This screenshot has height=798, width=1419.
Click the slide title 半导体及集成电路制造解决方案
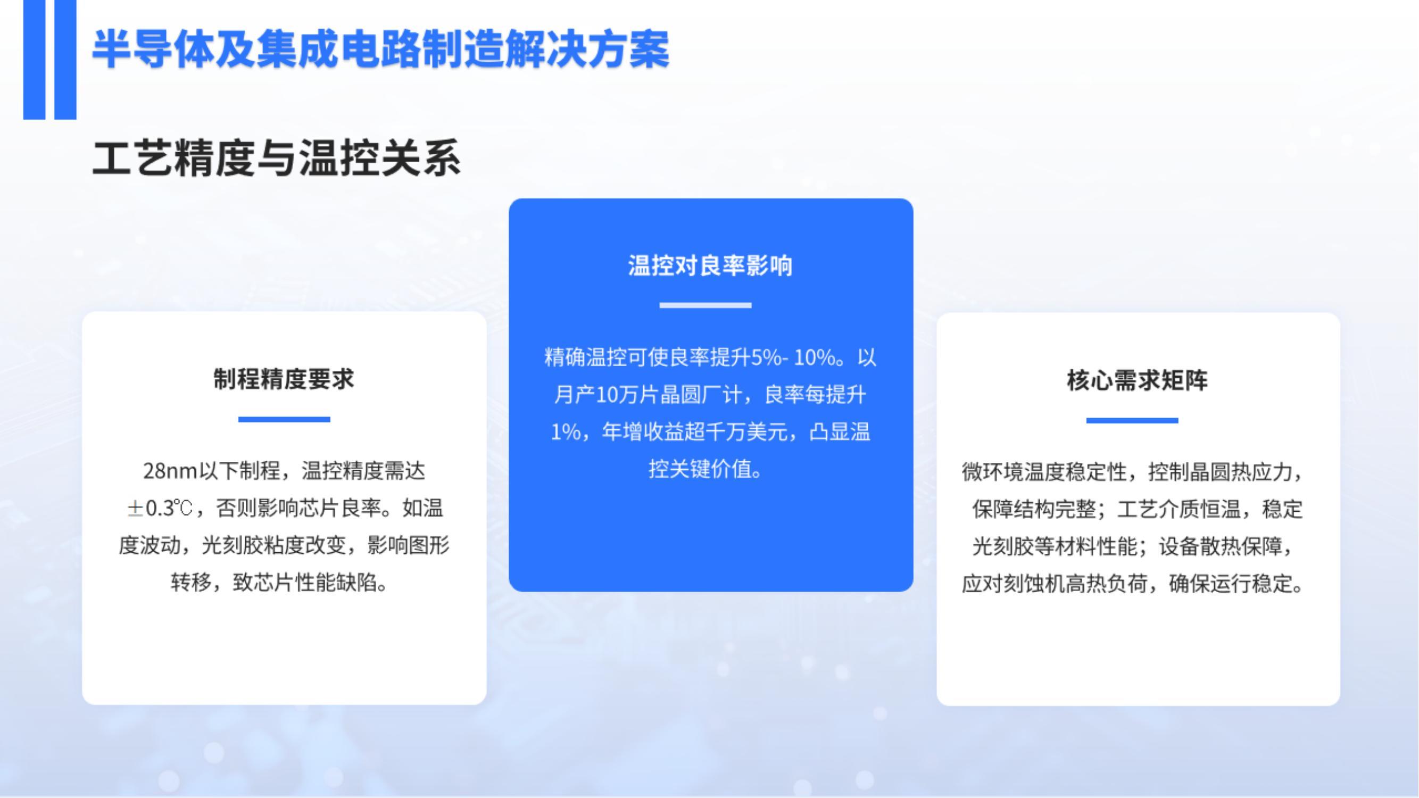point(380,49)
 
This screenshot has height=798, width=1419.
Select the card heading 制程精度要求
point(284,379)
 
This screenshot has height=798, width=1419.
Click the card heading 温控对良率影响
point(710,265)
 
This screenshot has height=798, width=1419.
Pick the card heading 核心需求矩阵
point(1137,380)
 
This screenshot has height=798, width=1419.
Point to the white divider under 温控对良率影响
point(705,305)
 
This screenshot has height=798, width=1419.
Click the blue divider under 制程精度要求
point(284,419)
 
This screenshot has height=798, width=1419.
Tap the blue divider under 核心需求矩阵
point(1132,420)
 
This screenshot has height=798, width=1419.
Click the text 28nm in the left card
point(170,471)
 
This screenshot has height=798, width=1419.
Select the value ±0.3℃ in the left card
point(160,508)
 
